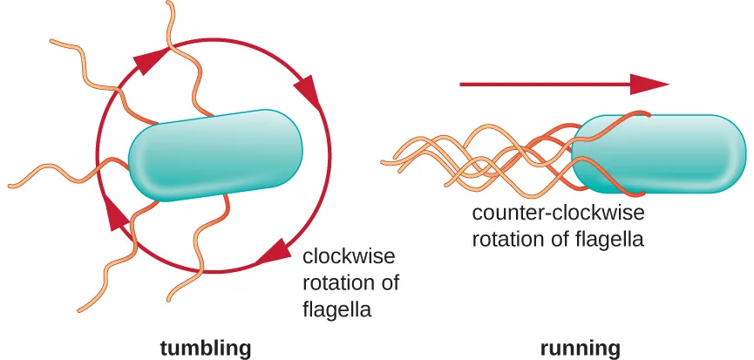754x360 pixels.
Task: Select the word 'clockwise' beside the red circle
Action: pyautogui.click(x=348, y=257)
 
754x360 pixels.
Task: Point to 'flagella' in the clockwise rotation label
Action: pyautogui.click(x=336, y=309)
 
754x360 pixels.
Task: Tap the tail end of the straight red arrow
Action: pyautogui.click(x=462, y=84)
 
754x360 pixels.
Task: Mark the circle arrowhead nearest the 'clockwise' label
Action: pyautogui.click(x=275, y=251)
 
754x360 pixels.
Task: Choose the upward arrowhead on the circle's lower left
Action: pyautogui.click(x=113, y=212)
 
